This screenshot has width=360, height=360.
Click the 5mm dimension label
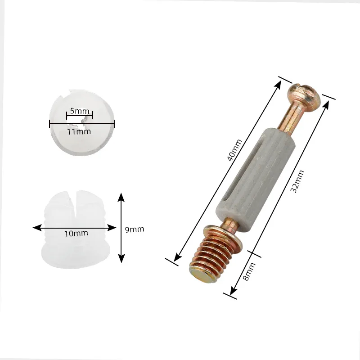79,110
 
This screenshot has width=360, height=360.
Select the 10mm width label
76,233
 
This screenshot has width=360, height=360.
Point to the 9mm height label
134,229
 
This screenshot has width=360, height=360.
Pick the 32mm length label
297,181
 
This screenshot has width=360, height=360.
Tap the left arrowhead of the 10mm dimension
36,227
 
